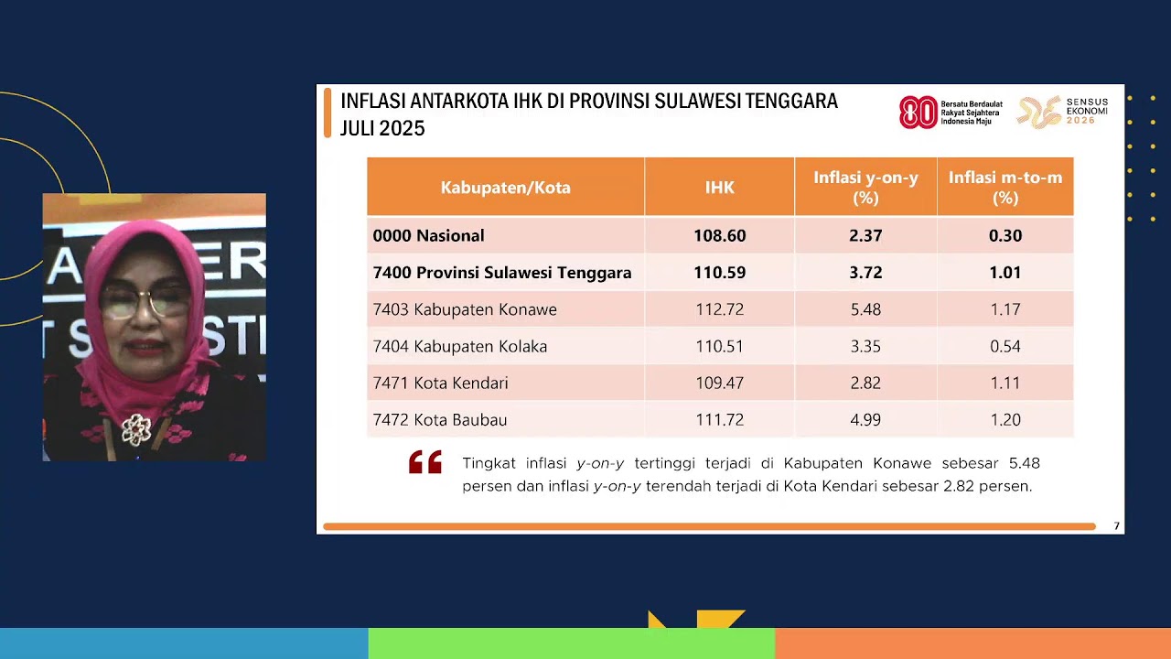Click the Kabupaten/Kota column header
pos(505,188)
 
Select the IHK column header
pos(719,188)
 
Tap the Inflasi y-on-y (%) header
pos(865,188)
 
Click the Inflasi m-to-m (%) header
pos(1004,188)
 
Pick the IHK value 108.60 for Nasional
pos(719,235)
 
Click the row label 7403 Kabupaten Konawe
pos(465,309)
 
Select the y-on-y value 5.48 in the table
pos(865,309)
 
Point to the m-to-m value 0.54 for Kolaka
pos(1004,346)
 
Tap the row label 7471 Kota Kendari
pos(440,383)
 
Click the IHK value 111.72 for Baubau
pos(719,419)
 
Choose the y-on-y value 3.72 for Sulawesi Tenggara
pos(865,273)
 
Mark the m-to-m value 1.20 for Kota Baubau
pos(1004,419)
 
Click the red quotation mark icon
pos(425,462)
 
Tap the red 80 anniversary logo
pos(919,113)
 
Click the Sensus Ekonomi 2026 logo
pos(1063,112)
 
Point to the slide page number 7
pos(1116,526)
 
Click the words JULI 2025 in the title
pos(382,129)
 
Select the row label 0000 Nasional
pos(428,235)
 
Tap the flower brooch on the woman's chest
pos(136,428)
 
